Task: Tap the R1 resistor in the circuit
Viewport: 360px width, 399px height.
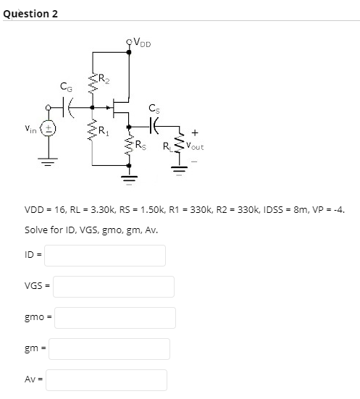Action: pyautogui.click(x=92, y=131)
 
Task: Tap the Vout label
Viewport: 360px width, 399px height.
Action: pyautogui.click(x=194, y=146)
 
